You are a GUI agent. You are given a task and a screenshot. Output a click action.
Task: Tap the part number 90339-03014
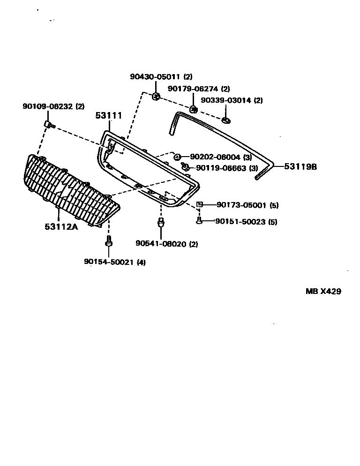[227, 100]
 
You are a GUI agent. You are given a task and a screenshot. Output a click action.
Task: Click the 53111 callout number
[109, 115]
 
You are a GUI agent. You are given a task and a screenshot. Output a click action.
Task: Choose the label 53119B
[300, 166]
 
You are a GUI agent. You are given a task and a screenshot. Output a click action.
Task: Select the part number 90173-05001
[241, 205]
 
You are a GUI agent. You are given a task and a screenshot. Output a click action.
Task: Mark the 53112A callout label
[61, 227]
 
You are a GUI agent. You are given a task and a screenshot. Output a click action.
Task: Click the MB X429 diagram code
[323, 291]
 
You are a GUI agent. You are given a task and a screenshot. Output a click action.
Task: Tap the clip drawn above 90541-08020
[161, 223]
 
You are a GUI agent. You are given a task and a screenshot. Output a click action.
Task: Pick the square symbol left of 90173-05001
[200, 204]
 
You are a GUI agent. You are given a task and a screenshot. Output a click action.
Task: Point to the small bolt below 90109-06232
[49, 124]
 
